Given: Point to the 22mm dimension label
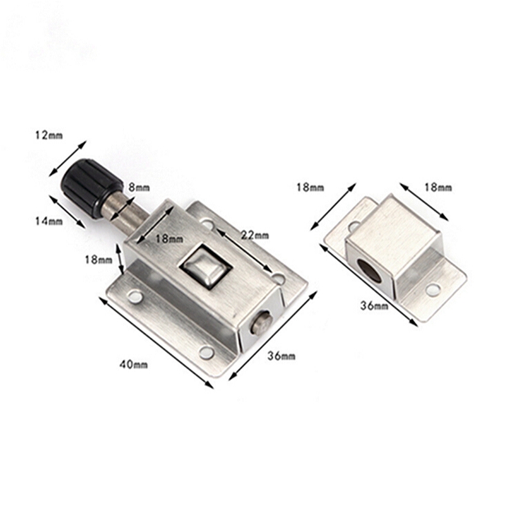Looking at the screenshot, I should point(255,235).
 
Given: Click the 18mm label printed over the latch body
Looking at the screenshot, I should point(170,239).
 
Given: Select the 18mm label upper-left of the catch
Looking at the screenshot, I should point(309,187).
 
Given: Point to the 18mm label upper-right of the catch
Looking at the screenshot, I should point(437,187).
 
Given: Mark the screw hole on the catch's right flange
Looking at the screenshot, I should point(433,289).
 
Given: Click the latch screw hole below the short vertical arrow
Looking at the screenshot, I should point(134,295).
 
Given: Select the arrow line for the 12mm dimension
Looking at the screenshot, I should point(69,158).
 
